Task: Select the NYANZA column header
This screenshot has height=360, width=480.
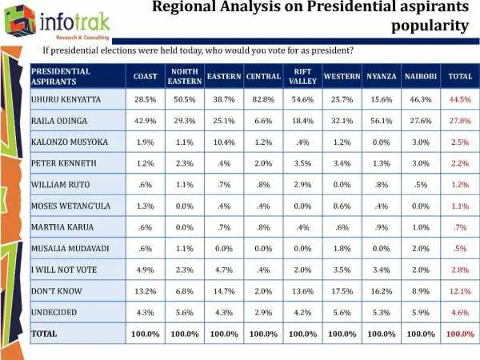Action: [x=381, y=77]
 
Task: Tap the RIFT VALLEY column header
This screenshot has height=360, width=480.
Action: [x=302, y=77]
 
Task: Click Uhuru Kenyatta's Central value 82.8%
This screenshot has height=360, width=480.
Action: [x=263, y=99]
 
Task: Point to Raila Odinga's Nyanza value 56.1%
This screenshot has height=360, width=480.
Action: [x=381, y=121]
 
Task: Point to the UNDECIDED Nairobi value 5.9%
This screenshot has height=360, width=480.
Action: [x=421, y=311]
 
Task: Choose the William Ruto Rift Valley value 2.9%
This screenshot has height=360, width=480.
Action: [x=302, y=185]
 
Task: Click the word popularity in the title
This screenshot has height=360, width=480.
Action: [x=431, y=26]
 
